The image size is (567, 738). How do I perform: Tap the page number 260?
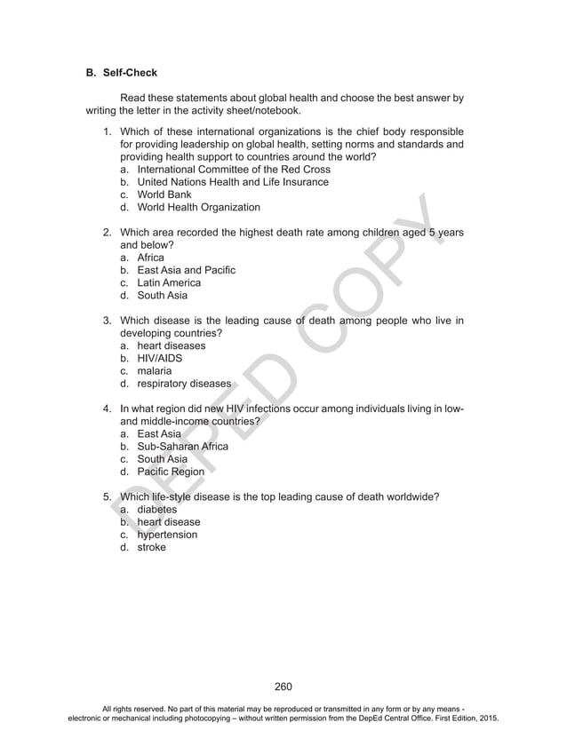(x=283, y=686)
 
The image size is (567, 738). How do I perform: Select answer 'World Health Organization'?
(x=198, y=208)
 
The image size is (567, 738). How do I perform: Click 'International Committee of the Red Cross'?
(x=234, y=169)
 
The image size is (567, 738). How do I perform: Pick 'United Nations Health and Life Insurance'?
(x=233, y=182)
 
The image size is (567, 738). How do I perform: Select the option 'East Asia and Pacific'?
(x=186, y=270)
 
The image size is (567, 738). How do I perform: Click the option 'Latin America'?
(x=168, y=283)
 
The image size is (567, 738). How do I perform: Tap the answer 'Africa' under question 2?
(x=152, y=258)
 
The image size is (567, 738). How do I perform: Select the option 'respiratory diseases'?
(x=184, y=385)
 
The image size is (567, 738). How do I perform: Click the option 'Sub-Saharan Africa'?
(x=182, y=447)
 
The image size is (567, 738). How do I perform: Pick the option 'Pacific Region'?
(x=170, y=472)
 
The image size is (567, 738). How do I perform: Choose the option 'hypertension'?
(x=167, y=536)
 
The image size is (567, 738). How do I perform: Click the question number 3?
(x=106, y=321)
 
